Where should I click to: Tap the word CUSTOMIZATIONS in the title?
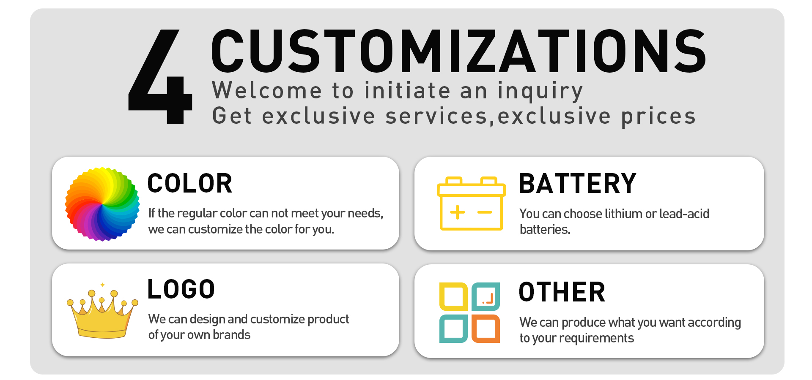459,51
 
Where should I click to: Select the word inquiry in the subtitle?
540,92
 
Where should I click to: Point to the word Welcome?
267,90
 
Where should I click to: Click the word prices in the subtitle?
658,117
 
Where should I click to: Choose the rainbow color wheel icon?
102,204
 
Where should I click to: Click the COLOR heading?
190,184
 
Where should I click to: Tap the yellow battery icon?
472,203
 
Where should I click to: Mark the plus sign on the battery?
457,212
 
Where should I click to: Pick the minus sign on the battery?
485,212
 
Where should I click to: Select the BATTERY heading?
578,184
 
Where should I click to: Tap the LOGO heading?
181,289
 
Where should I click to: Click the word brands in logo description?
231,335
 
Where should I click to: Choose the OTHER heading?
562,292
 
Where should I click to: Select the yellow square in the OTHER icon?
453,296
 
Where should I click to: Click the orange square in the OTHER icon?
486,328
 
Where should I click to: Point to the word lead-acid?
684,214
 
